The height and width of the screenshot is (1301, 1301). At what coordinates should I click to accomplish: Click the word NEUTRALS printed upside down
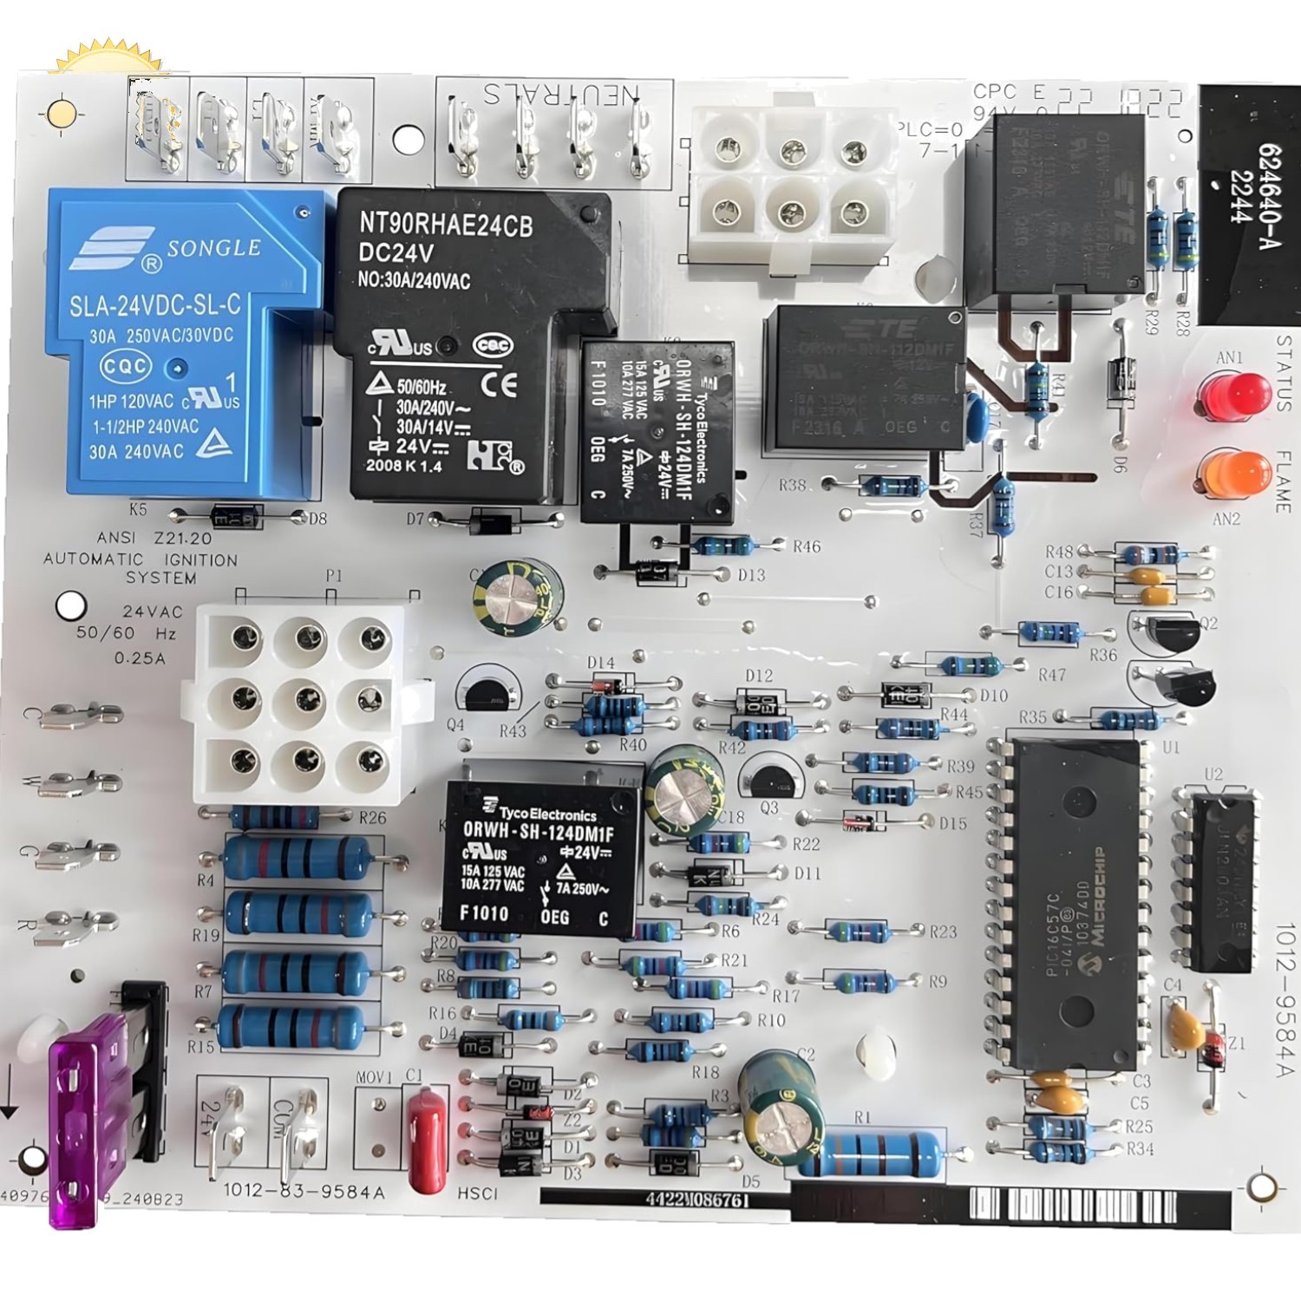click(x=561, y=94)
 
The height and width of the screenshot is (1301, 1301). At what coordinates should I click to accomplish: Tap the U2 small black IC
click(x=1221, y=880)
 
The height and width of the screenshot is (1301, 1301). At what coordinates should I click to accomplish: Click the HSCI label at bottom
click(x=478, y=1194)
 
